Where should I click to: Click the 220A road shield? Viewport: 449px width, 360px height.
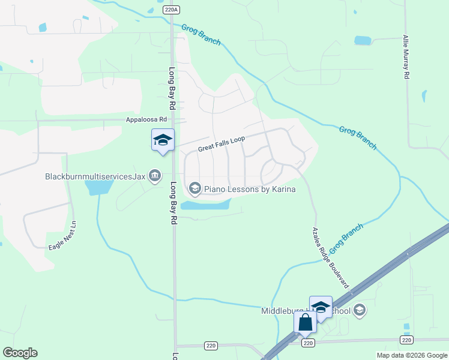coord(172,10)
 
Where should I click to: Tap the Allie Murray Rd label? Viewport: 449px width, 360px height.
coord(406,58)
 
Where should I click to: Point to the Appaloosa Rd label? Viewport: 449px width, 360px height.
coord(146,119)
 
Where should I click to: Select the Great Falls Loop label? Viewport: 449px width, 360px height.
coord(221,144)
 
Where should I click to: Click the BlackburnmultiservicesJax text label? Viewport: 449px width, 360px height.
coord(95,176)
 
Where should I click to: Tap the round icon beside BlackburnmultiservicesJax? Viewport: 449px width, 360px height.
coord(155,176)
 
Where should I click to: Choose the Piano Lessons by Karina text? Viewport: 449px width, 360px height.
coord(250,189)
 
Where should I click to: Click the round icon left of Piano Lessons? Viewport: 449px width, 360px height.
coord(194,189)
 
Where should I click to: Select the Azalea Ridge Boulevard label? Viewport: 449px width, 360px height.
coord(331,258)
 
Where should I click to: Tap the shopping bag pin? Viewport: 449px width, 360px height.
coord(305,323)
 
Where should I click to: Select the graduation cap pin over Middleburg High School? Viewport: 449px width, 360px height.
coord(321,307)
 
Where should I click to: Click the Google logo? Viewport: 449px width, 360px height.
coord(20,353)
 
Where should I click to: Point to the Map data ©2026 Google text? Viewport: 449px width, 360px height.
coord(411,355)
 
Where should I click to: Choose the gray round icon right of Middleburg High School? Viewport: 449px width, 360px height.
coord(360,310)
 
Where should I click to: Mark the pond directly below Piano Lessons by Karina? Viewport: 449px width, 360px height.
coord(205,205)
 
